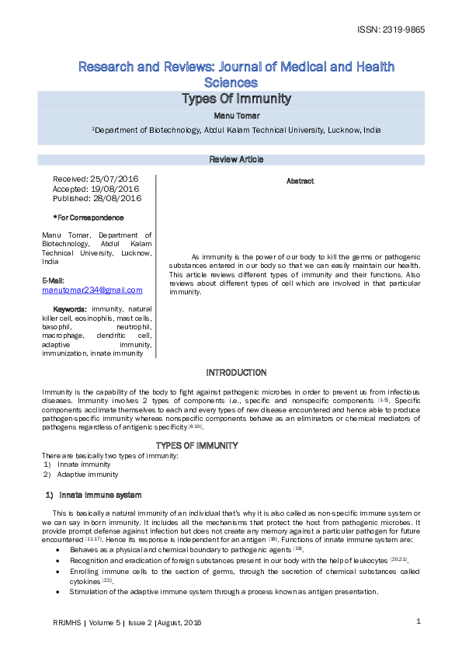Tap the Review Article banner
(x=236, y=160)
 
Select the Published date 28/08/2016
(x=116, y=198)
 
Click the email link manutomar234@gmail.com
(x=92, y=290)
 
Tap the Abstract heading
(x=300, y=181)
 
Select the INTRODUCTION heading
(x=236, y=373)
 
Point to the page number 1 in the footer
(x=418, y=621)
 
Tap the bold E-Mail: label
(x=54, y=280)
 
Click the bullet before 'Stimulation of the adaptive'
(x=60, y=592)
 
